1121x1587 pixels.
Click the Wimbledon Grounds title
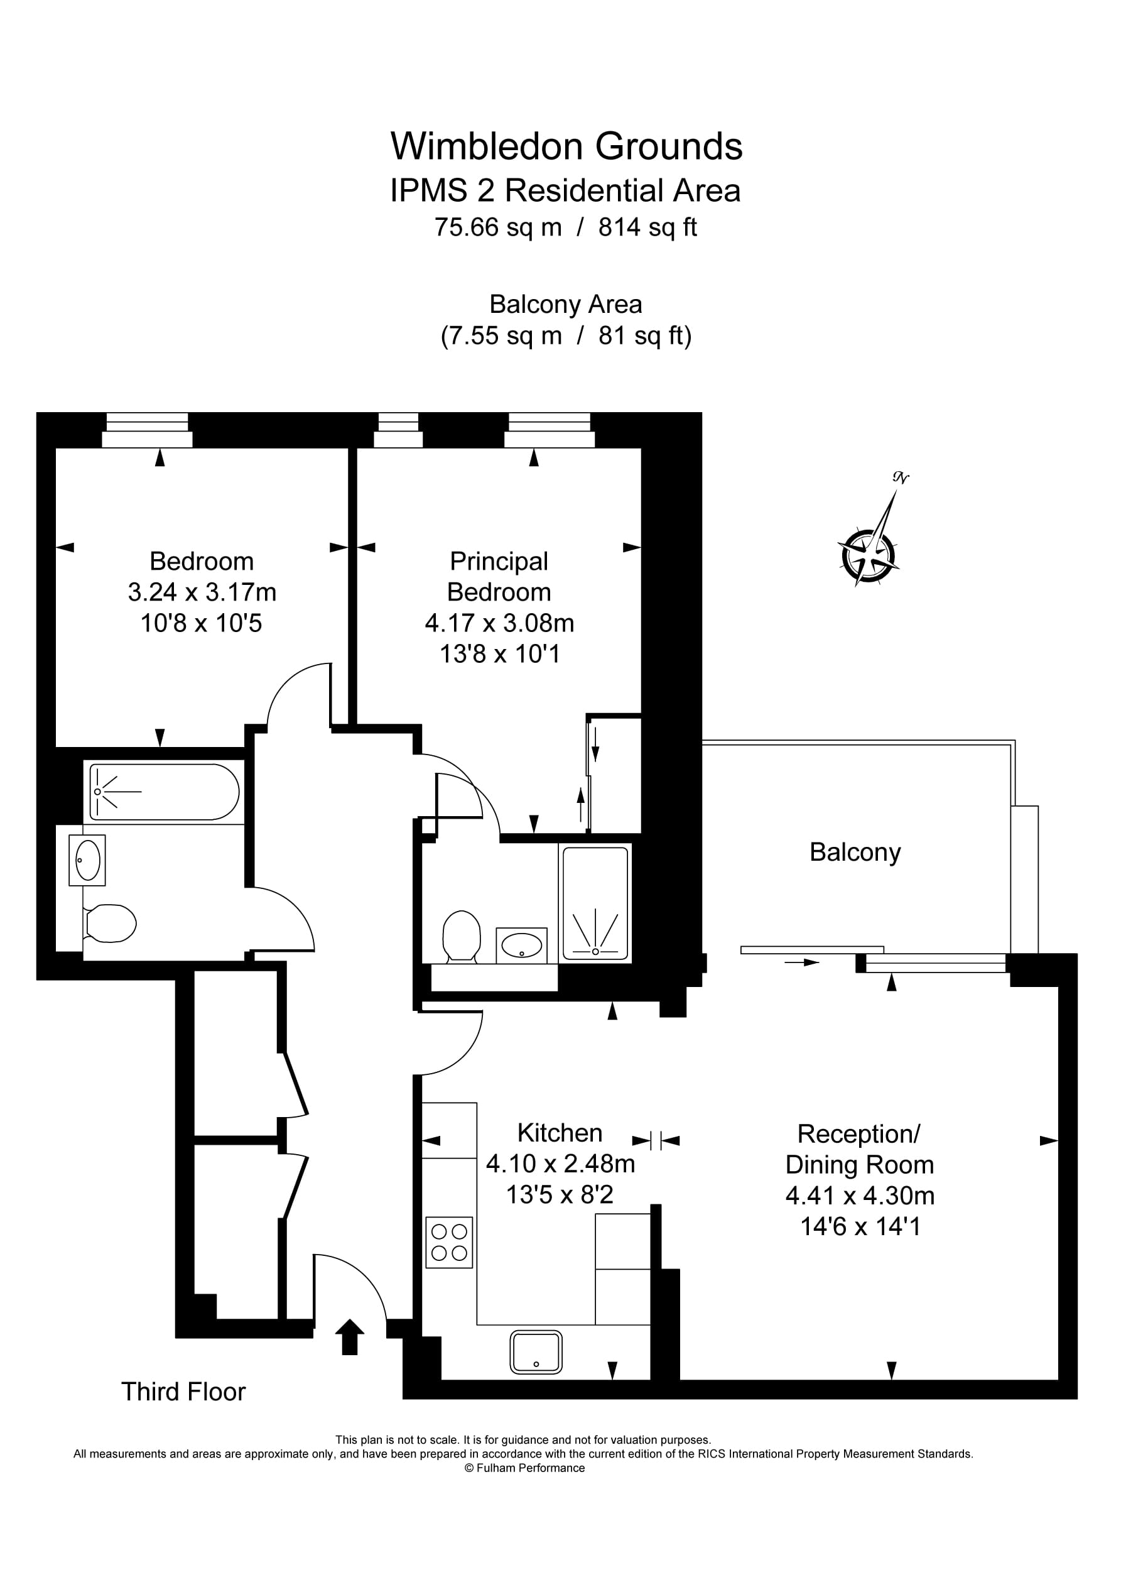pyautogui.click(x=566, y=146)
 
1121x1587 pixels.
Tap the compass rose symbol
pyautogui.click(x=868, y=555)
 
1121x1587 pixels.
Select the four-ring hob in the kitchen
pyautogui.click(x=448, y=1242)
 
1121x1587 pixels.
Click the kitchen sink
pyautogui.click(x=536, y=1351)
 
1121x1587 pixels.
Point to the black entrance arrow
pyautogui.click(x=349, y=1336)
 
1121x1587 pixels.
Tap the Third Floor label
pyautogui.click(x=183, y=1392)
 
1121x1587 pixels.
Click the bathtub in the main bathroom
pyautogui.click(x=164, y=792)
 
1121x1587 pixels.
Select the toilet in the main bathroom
pyautogui.click(x=110, y=923)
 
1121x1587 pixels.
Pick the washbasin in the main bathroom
pyautogui.click(x=88, y=860)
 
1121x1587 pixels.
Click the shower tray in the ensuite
pyautogui.click(x=595, y=903)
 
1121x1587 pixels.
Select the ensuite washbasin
pyautogui.click(x=521, y=945)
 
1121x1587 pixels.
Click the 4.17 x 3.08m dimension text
pyautogui.click(x=499, y=623)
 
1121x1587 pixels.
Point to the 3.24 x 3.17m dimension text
pyautogui.click(x=202, y=592)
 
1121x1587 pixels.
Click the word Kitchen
pyautogui.click(x=560, y=1133)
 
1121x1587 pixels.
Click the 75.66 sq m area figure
pyautogui.click(x=497, y=227)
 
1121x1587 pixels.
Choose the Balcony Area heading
pyautogui.click(x=565, y=304)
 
